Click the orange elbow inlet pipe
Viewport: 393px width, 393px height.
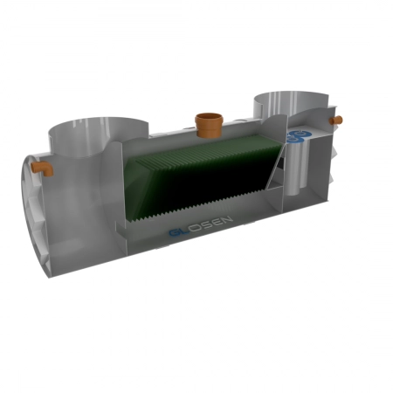point(42,168)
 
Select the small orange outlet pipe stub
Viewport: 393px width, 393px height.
point(336,120)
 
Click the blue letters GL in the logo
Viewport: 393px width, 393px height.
point(178,231)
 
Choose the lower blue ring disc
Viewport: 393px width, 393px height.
point(294,140)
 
